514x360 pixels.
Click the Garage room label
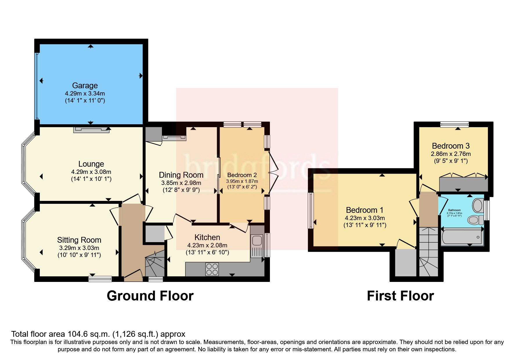85,86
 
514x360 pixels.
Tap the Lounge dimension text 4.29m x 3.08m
91,172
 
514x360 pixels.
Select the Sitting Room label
79,240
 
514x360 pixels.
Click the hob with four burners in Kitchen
212,269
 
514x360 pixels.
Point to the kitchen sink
257,241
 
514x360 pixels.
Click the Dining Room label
181,175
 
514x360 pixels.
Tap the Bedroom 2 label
242,175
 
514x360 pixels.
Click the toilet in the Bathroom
475,220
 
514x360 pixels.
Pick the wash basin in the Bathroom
478,206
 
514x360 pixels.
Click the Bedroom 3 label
450,146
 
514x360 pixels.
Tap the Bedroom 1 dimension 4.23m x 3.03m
365,218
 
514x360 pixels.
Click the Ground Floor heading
150,296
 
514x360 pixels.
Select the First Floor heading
400,296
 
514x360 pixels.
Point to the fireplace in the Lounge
91,130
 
